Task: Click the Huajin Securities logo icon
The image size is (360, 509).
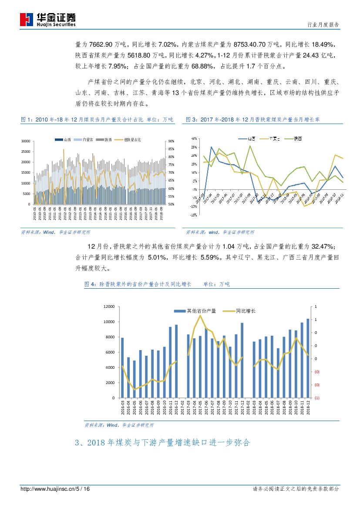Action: [27, 20]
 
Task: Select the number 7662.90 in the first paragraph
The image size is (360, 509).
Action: [101, 44]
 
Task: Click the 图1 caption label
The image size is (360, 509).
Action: [27, 120]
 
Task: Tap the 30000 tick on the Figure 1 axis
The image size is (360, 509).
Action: [25, 141]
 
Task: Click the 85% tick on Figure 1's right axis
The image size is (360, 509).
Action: [171, 149]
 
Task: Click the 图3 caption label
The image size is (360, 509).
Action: [192, 120]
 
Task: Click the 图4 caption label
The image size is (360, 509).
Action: [91, 284]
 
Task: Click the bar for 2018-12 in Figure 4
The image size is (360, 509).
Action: [308, 358]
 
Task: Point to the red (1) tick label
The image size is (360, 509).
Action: [316, 398]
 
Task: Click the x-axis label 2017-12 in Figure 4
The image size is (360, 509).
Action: [242, 409]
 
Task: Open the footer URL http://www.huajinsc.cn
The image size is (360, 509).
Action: [48, 489]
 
